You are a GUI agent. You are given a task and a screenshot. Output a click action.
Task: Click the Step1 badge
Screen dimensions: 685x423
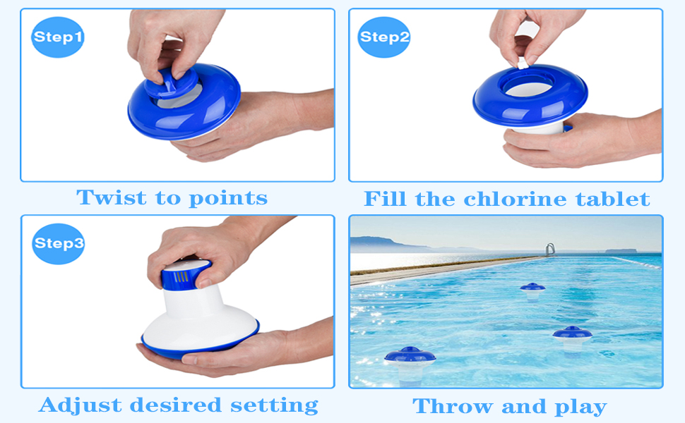pyautogui.click(x=58, y=37)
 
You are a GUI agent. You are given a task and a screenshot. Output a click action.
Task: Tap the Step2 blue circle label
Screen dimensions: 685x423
pyautogui.click(x=384, y=37)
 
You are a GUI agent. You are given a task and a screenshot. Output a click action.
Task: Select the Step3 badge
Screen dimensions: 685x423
pyautogui.click(x=59, y=244)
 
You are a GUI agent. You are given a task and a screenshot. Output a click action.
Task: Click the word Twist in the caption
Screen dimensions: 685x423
pyautogui.click(x=112, y=197)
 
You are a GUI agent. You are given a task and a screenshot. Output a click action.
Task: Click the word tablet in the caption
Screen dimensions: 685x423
pyautogui.click(x=612, y=199)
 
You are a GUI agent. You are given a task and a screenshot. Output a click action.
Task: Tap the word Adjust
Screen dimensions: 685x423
pyautogui.click(x=81, y=405)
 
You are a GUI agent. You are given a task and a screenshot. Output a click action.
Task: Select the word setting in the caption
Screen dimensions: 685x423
pyautogui.click(x=274, y=405)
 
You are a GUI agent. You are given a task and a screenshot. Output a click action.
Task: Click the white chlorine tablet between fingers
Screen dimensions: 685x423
pyautogui.click(x=523, y=64)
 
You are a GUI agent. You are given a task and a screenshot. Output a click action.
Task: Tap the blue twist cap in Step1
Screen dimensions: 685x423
pyautogui.click(x=171, y=83)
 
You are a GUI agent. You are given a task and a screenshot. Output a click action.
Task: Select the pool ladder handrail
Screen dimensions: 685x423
pyautogui.click(x=550, y=250)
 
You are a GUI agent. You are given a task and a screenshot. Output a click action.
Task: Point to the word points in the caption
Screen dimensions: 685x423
pyautogui.click(x=228, y=198)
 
